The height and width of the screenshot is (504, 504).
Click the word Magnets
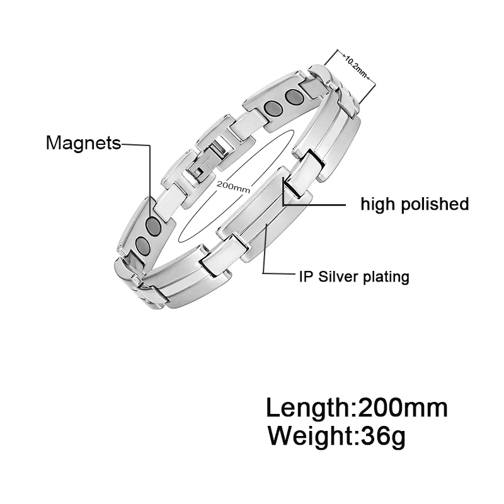[x=83, y=144]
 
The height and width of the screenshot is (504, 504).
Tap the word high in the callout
[x=377, y=204]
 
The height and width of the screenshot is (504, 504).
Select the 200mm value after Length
[x=403, y=408]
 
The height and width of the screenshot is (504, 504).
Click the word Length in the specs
[x=307, y=408]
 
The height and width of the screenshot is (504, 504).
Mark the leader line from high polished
[x=315, y=205]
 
